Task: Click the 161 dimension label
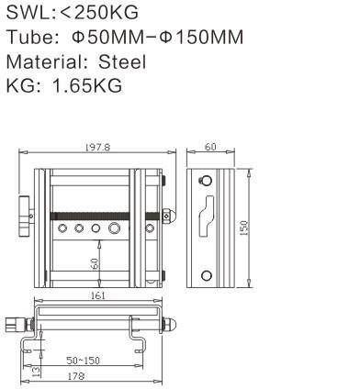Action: pyautogui.click(x=98, y=295)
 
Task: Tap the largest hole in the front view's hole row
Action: pyautogui.click(x=115, y=227)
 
